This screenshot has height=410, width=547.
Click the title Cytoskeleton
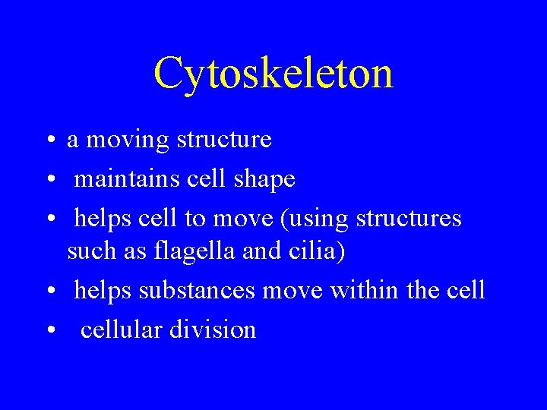[273, 74]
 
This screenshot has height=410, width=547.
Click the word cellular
[122, 330]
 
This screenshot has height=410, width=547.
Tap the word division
[213, 330]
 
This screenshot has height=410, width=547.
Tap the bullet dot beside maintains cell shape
[48, 179]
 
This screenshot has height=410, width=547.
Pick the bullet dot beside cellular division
[48, 330]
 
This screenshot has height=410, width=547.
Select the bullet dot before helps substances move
[48, 290]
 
